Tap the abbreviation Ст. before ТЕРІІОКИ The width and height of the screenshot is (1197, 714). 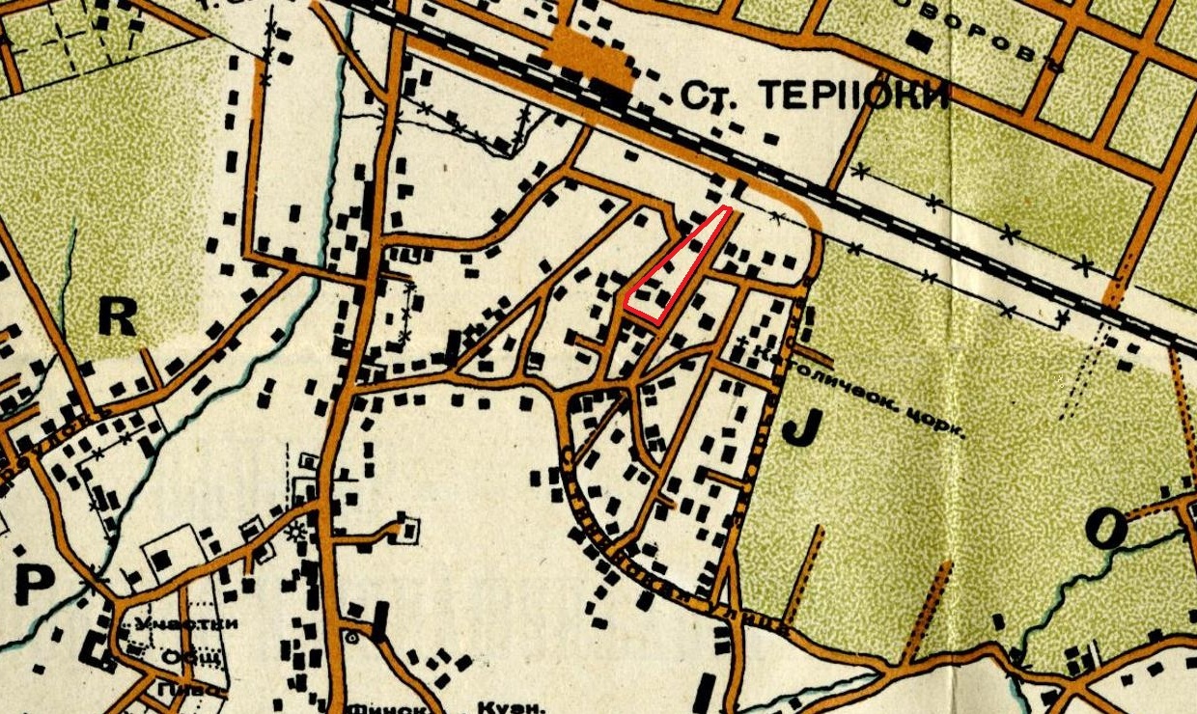tap(710, 96)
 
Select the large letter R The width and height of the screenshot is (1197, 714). tap(117, 317)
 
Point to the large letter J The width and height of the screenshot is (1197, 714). tap(798, 426)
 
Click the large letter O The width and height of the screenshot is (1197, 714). tap(1105, 528)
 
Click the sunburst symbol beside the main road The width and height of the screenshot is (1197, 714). tap(296, 530)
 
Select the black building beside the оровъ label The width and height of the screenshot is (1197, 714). tap(920, 42)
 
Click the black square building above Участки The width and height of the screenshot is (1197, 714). tap(162, 560)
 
